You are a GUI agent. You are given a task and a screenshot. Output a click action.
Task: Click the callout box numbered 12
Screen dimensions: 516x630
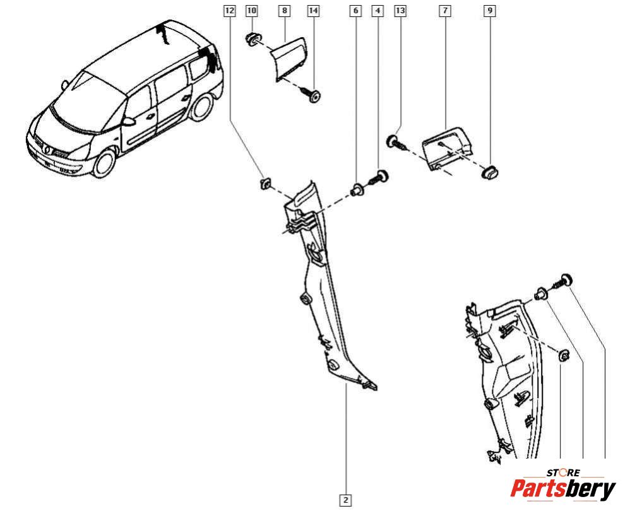click(x=229, y=11)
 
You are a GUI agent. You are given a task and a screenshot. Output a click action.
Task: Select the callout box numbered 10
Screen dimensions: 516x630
click(x=251, y=11)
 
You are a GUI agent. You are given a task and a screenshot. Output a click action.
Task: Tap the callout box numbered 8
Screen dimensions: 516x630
click(x=284, y=11)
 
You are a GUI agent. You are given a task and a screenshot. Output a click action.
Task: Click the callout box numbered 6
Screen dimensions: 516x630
click(x=356, y=11)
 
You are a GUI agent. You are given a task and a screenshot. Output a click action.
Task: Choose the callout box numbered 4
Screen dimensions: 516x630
click(x=378, y=11)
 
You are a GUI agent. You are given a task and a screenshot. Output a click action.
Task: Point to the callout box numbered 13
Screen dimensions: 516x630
click(x=399, y=11)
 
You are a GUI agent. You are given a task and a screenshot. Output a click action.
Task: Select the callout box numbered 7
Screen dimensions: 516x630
click(x=446, y=11)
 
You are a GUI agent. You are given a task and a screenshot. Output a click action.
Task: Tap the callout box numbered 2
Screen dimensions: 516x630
click(x=345, y=500)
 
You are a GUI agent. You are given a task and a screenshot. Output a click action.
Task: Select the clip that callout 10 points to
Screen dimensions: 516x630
click(x=253, y=39)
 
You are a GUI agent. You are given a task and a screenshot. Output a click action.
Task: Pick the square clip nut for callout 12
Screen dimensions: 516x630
click(x=265, y=184)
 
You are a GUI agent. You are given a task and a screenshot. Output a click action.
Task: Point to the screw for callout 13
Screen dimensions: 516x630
click(x=396, y=142)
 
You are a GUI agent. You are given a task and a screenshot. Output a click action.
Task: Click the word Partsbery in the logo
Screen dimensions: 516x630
click(x=562, y=490)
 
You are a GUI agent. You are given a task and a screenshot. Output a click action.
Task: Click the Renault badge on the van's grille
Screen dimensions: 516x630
click(x=49, y=149)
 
